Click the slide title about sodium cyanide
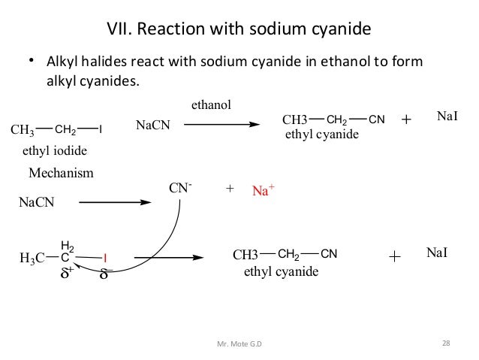coord(239,30)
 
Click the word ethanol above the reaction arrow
coord(212,106)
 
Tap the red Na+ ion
coord(261,192)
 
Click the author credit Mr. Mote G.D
coord(240,344)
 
